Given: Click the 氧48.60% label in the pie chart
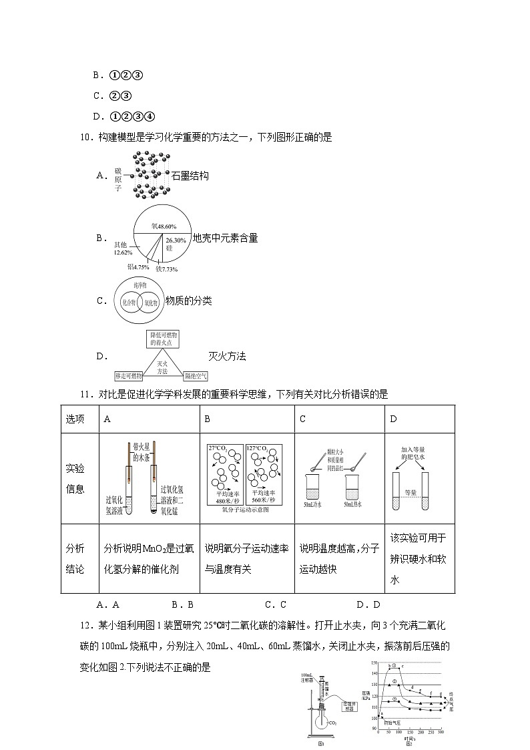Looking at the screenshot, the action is [x=163, y=226].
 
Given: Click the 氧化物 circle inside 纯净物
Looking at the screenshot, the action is [x=152, y=302].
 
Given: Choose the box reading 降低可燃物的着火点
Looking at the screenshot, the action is [x=164, y=338].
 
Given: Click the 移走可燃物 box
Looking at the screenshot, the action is [x=128, y=376].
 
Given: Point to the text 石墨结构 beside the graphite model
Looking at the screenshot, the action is [x=190, y=176].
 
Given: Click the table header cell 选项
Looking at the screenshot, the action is [x=75, y=419].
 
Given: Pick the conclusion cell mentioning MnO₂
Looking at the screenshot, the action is [x=149, y=558].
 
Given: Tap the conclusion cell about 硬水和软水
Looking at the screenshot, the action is [x=418, y=558].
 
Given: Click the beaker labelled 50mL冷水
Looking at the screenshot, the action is [x=312, y=492].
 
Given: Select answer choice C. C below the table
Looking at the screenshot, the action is [x=275, y=604].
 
